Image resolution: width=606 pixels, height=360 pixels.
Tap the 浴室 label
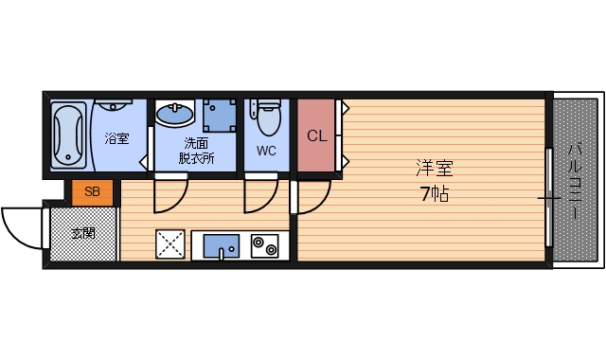(x=116, y=139)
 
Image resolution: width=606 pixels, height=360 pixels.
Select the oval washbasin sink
(x=174, y=116)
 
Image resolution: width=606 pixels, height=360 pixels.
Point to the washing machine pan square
(x=221, y=116)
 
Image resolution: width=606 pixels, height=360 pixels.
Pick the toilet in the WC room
(x=266, y=117)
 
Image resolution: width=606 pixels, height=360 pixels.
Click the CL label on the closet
(x=316, y=135)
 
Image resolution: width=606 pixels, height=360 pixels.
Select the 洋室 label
(x=434, y=171)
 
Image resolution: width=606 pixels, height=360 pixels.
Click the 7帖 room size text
(x=434, y=195)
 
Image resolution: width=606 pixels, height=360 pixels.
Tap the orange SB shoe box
(x=92, y=192)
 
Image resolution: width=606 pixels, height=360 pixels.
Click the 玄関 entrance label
(x=81, y=233)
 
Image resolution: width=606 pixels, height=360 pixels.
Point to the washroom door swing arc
(x=170, y=196)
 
